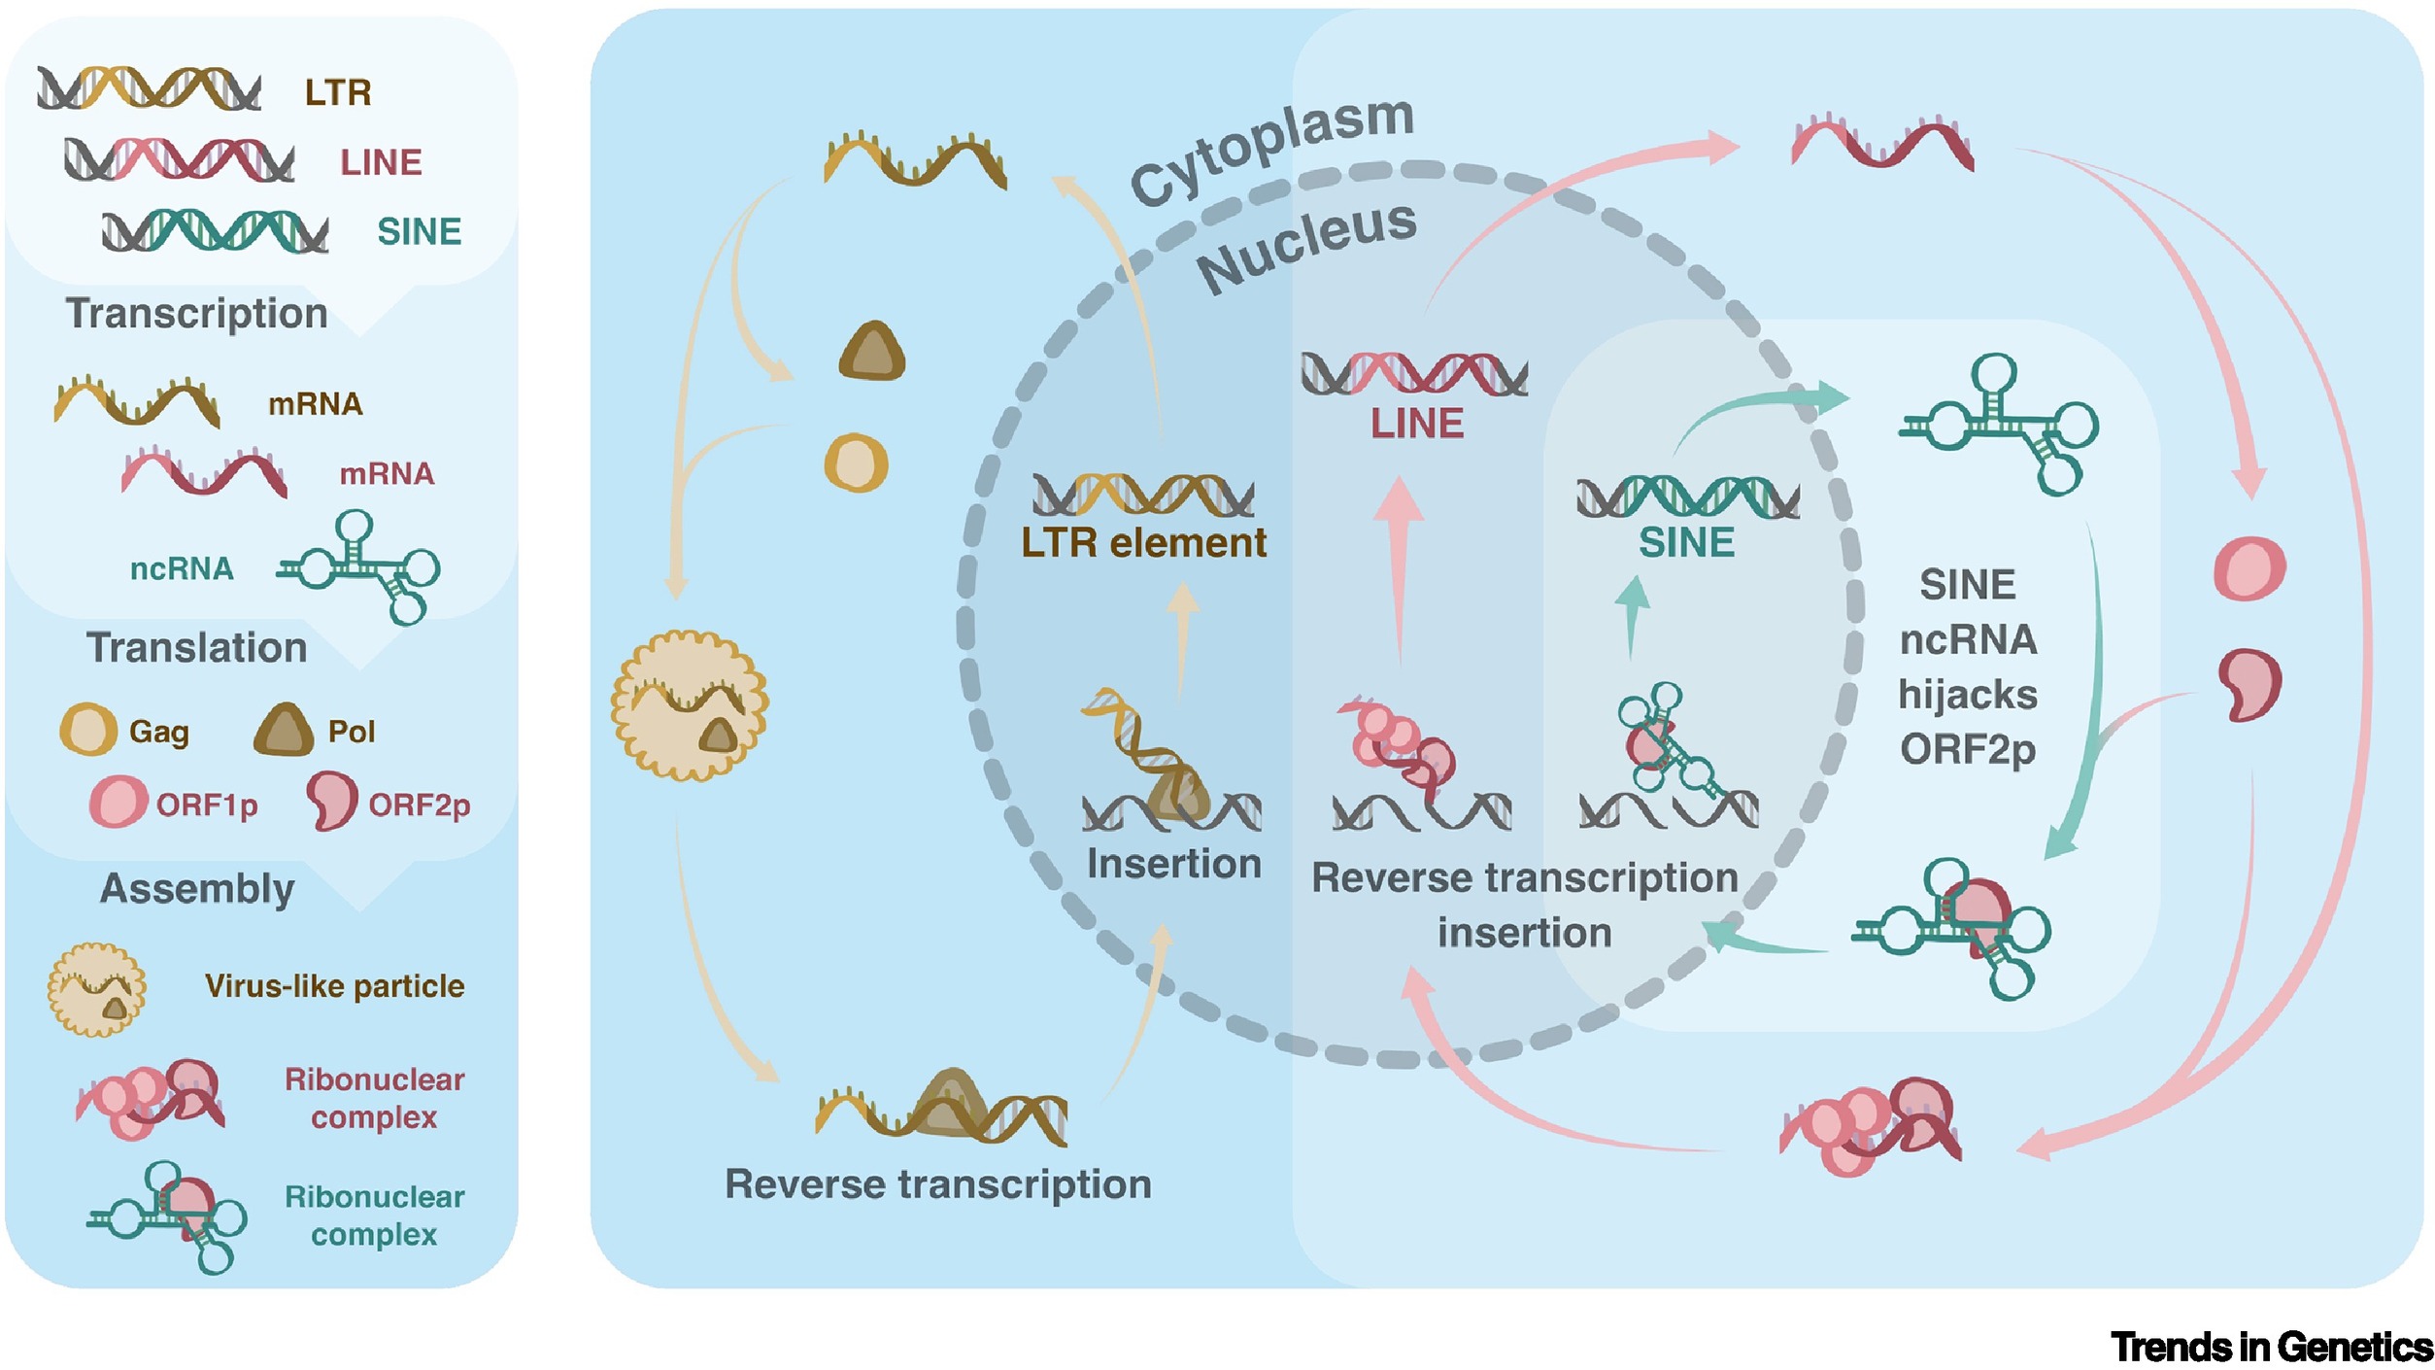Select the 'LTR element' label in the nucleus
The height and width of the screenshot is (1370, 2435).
click(x=1143, y=543)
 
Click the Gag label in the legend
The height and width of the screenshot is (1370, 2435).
click(x=159, y=732)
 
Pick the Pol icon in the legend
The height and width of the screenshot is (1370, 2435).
click(x=284, y=731)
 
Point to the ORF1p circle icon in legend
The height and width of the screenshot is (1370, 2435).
click(x=118, y=802)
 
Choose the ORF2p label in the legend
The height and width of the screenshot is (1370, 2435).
click(x=419, y=805)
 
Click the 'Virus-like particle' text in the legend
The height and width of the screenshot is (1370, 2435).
click(x=334, y=986)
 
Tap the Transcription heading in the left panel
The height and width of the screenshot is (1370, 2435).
click(x=196, y=314)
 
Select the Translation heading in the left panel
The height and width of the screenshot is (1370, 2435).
click(x=196, y=648)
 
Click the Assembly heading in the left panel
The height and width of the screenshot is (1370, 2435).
click(x=197, y=889)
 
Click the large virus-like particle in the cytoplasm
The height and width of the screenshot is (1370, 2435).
click(x=690, y=705)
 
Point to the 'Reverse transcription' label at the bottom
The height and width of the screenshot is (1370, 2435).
click(x=938, y=1184)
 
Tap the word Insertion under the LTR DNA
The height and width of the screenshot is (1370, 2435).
click(x=1173, y=864)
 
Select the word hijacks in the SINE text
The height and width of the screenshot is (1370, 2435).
click(x=1968, y=695)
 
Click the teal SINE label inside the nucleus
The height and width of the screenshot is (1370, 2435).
click(x=1686, y=543)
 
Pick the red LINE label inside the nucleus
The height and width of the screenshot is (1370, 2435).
click(x=1417, y=424)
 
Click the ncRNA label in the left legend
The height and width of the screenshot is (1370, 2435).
click(x=182, y=569)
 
